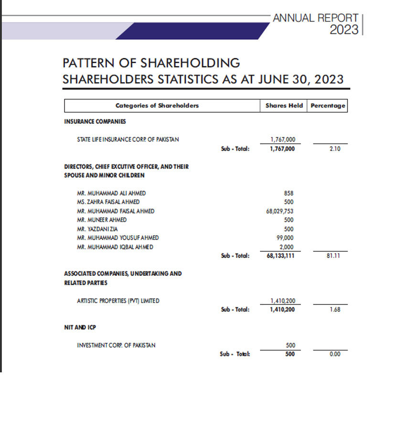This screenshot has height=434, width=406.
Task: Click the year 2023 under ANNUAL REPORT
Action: [344, 30]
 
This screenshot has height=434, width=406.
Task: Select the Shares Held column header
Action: [284, 106]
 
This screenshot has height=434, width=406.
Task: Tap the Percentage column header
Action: [328, 106]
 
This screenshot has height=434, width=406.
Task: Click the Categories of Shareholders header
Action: [157, 106]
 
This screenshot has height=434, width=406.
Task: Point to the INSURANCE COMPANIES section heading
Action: [95, 121]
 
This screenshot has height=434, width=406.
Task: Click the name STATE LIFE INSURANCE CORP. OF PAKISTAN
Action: [128, 140]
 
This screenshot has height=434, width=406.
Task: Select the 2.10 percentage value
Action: [334, 149]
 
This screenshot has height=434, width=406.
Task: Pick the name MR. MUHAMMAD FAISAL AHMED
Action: [116, 211]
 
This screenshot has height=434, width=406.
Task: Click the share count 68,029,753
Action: [280, 211]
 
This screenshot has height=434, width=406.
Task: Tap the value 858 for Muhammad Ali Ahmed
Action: [288, 193]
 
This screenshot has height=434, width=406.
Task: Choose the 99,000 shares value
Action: [286, 238]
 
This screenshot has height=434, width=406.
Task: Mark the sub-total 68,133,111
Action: [280, 256]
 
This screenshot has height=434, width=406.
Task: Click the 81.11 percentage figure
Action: [333, 256]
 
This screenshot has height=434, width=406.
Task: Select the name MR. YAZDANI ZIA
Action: [97, 229]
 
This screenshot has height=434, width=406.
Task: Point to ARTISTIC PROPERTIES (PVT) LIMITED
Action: [118, 301]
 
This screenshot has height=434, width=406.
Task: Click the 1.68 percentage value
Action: [334, 310]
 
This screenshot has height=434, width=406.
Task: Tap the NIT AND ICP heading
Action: [77, 327]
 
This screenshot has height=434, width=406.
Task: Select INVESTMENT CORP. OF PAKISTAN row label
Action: [116, 345]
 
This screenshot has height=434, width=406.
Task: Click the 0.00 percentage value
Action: [334, 354]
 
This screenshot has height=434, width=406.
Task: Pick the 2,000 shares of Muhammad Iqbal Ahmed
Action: [287, 247]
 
